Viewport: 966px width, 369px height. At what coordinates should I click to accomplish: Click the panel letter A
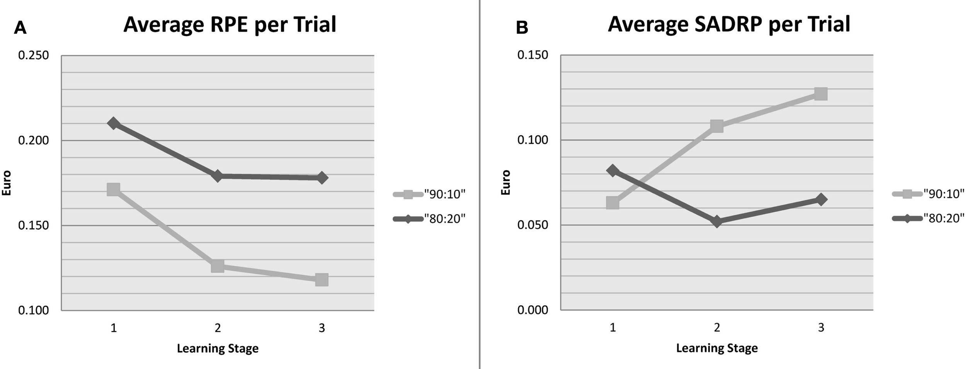point(20,28)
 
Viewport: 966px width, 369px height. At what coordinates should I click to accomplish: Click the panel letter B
point(522,28)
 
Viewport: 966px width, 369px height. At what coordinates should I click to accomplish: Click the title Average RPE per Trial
point(230,24)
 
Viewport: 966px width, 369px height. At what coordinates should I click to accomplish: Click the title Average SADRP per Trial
point(729,24)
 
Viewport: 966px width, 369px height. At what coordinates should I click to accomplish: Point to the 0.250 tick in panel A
point(34,55)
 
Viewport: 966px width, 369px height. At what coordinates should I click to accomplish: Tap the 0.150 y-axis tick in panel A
point(34,225)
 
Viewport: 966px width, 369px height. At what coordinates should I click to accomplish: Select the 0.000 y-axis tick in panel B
point(532,310)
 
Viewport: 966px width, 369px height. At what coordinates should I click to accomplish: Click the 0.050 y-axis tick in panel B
point(532,225)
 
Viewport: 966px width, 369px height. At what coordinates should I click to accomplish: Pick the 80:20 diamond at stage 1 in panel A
point(113,124)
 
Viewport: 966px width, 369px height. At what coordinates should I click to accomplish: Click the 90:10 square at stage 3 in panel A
point(321,279)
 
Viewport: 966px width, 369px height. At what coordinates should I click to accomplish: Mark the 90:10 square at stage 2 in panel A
point(218,266)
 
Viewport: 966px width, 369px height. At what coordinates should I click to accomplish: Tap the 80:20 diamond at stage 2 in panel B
point(717,221)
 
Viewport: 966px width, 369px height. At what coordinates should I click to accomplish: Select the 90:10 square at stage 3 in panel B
point(821,94)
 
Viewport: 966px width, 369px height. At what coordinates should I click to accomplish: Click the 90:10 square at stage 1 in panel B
point(613,202)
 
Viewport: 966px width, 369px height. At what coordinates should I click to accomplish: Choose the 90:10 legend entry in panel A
point(429,194)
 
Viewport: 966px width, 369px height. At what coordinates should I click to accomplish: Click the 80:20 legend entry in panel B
point(928,218)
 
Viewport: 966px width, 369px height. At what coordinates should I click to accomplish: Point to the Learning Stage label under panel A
point(218,349)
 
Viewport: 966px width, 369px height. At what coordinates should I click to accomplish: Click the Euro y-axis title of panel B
point(506,182)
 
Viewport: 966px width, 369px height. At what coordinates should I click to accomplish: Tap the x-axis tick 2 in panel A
point(218,328)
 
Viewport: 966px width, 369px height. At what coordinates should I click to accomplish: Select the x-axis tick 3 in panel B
point(821,328)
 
